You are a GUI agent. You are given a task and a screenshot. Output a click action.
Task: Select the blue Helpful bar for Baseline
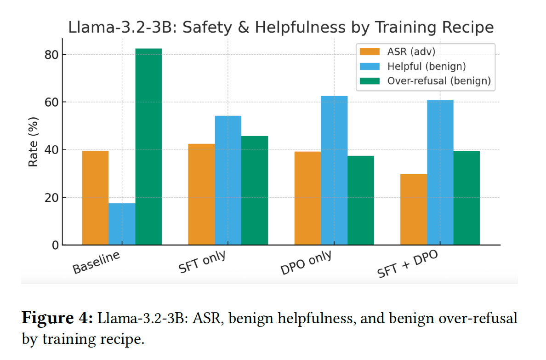122,224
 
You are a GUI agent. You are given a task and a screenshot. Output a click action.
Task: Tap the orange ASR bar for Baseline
95,198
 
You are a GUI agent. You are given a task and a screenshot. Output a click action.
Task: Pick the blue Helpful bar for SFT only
228,180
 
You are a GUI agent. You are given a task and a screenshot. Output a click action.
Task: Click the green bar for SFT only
255,190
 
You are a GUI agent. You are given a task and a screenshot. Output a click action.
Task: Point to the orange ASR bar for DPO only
307,198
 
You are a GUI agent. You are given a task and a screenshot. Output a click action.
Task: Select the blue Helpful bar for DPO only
334,170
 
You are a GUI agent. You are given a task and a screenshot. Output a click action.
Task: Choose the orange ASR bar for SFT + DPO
414,209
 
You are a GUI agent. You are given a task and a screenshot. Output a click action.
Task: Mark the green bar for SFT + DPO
466,198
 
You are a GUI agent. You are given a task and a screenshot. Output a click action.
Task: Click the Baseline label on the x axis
96,263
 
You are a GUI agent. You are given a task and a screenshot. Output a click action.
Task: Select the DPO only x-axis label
307,263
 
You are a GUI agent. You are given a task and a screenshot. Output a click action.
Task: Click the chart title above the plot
281,27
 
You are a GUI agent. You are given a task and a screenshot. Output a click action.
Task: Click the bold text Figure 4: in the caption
57,318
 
